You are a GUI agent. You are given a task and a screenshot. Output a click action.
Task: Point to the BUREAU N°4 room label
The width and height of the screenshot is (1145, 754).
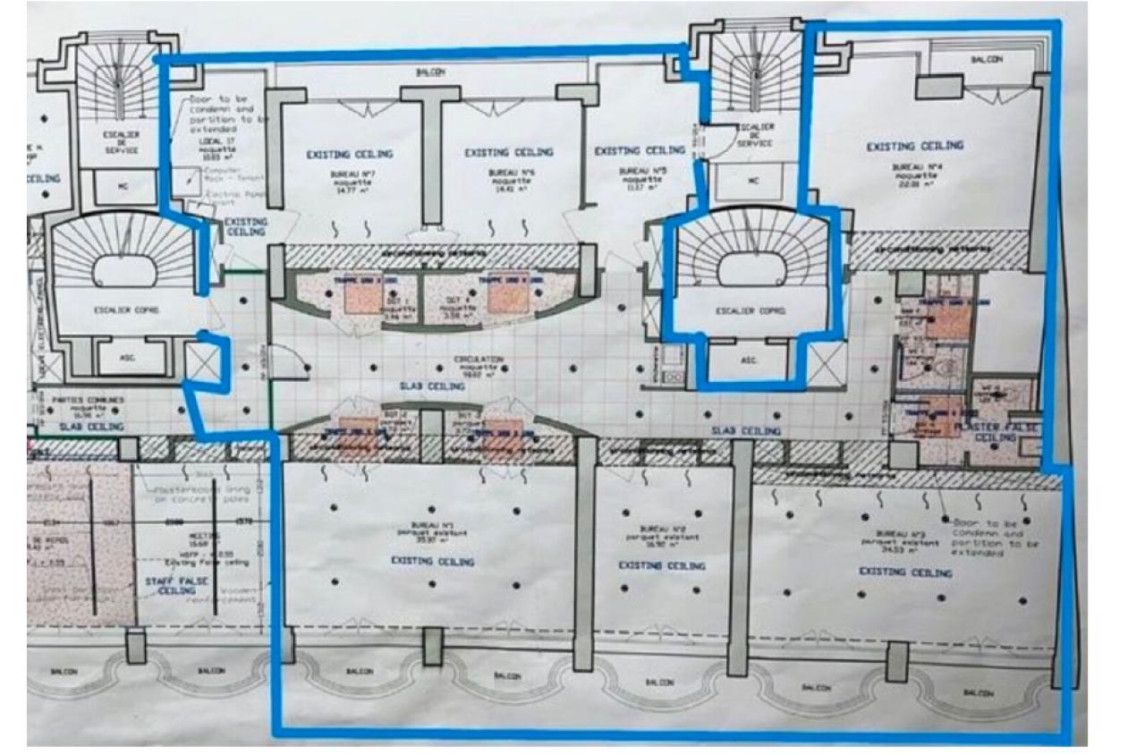(914, 166)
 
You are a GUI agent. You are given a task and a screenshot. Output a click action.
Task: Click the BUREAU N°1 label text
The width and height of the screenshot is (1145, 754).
(433, 534)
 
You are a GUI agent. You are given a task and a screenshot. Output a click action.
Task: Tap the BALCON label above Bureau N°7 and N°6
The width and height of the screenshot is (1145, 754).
(432, 72)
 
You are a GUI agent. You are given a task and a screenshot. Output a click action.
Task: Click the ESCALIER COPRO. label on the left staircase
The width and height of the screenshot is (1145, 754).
(121, 311)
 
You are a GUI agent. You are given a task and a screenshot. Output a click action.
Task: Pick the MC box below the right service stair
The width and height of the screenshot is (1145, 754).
(752, 180)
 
